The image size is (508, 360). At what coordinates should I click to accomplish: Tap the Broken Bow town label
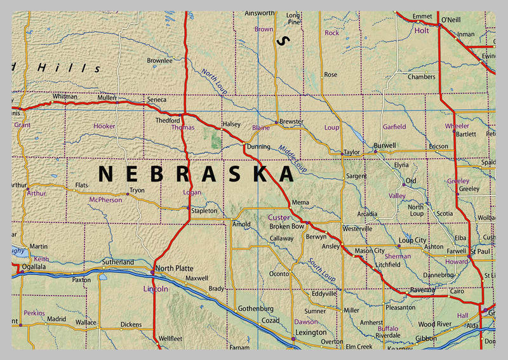[x=288, y=227]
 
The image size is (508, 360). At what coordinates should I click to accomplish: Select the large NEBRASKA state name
[x=196, y=173]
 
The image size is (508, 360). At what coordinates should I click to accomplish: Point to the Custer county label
[x=278, y=218]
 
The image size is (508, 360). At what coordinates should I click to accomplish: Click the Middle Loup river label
[x=293, y=157]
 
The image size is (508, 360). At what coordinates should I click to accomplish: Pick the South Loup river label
[x=321, y=269]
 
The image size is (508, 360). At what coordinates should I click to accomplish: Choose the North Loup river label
[x=214, y=82]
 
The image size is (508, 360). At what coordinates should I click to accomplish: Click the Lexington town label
[x=311, y=332]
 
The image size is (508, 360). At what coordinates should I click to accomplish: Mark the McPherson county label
[x=105, y=199]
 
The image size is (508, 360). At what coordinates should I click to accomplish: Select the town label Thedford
[x=168, y=120]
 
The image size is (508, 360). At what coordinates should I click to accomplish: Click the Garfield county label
[x=394, y=127]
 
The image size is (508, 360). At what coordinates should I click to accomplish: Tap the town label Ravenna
[x=423, y=290]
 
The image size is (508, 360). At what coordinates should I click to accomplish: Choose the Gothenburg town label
[x=255, y=309]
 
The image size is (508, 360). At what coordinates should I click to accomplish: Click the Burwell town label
[x=385, y=145]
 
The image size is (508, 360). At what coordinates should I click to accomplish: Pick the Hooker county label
[x=104, y=126]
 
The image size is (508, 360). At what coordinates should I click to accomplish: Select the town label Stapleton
[x=204, y=211]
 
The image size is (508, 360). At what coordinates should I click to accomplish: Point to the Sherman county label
[x=398, y=256]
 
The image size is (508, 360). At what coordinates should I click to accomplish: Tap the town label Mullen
[x=107, y=98]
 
